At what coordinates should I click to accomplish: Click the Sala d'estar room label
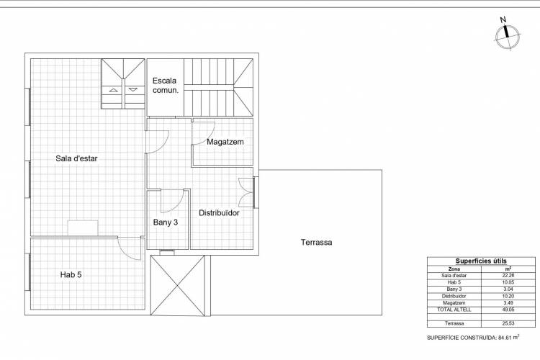(x=76, y=158)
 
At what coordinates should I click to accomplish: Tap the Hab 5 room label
(x=71, y=274)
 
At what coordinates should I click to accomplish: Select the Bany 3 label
(x=166, y=222)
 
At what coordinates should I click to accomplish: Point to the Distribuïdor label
(x=219, y=213)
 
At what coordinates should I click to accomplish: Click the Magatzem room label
(x=225, y=142)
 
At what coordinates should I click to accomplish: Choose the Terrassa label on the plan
(x=317, y=242)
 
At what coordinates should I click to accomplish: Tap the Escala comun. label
(x=166, y=86)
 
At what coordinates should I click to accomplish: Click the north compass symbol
(x=508, y=35)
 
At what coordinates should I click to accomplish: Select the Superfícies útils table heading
(x=481, y=261)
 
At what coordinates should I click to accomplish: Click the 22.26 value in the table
(x=508, y=275)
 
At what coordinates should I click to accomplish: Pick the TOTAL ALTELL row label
(x=454, y=310)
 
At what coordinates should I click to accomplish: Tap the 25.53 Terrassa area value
(x=508, y=323)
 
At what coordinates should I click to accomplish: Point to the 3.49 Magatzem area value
(x=508, y=303)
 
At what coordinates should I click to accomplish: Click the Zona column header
(x=454, y=269)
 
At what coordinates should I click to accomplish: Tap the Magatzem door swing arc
(x=209, y=137)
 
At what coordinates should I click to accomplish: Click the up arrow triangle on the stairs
(x=114, y=90)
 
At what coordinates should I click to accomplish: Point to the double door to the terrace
(x=246, y=192)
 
